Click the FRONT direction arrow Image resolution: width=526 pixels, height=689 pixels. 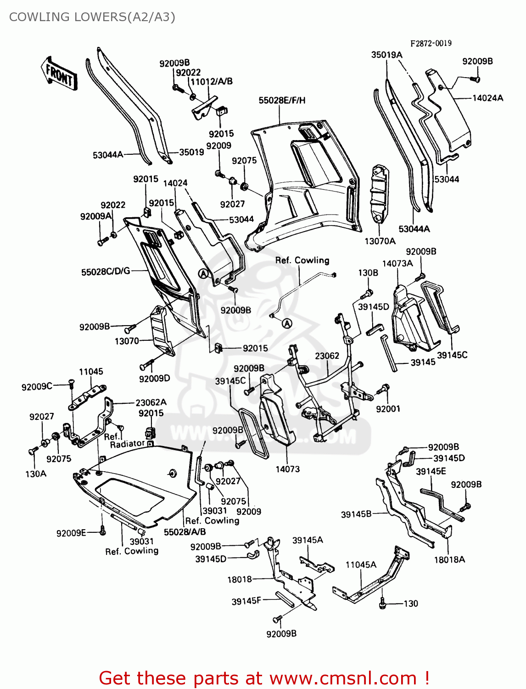(x=59, y=73)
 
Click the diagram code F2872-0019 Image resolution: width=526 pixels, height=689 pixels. (x=431, y=43)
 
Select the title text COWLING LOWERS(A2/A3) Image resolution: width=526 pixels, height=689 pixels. (x=92, y=17)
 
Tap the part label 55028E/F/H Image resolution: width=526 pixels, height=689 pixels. (x=282, y=100)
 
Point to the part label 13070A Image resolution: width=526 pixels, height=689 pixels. (x=380, y=241)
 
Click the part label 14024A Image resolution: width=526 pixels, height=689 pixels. (x=487, y=98)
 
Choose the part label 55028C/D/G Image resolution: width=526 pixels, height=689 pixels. (x=106, y=272)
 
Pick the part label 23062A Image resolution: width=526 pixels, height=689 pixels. (x=151, y=402)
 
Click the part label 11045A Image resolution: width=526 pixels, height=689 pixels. (x=361, y=565)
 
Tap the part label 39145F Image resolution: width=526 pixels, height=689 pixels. (x=246, y=601)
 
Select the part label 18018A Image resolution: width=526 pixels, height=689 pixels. (x=449, y=559)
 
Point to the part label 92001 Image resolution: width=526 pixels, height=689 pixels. (x=388, y=408)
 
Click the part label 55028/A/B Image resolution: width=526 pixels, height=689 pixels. (x=185, y=532)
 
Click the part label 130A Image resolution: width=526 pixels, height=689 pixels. (x=36, y=474)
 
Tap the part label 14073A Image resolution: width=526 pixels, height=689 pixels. (x=397, y=263)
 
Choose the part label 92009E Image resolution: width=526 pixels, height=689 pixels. (x=71, y=533)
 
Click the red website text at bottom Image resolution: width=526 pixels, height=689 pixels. (x=264, y=678)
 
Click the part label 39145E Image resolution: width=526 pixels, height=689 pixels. (x=431, y=471)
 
